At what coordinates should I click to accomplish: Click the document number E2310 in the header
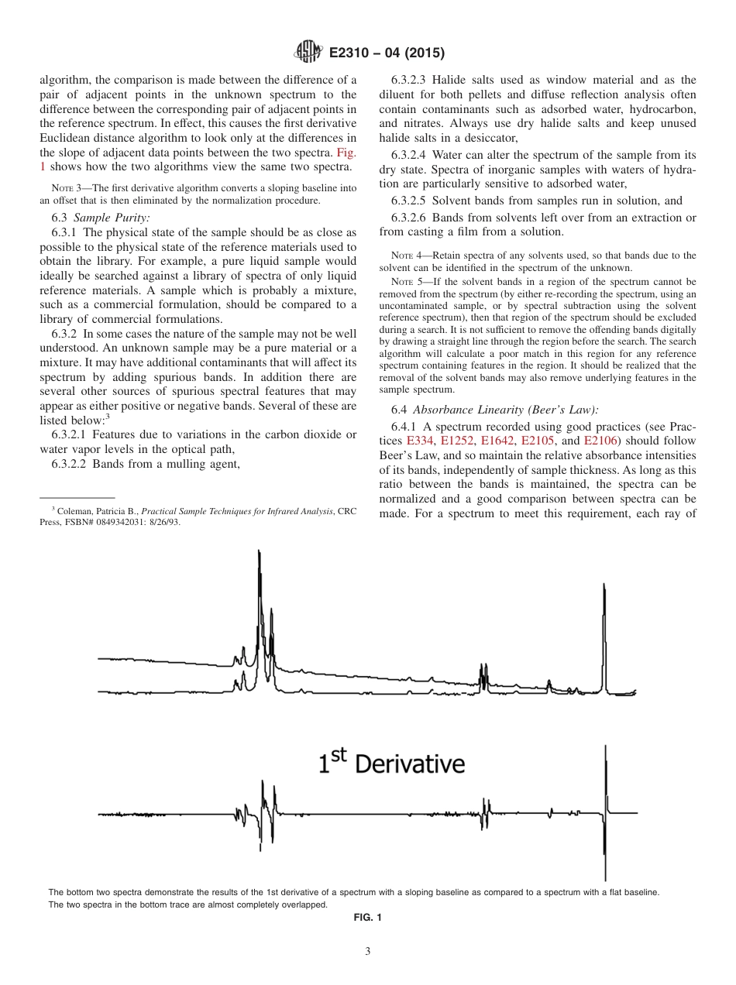353,53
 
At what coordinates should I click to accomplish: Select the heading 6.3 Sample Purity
101,218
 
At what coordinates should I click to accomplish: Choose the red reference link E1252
457,441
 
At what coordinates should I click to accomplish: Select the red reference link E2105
538,441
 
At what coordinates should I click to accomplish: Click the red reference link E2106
600,441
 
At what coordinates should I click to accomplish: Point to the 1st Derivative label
392,764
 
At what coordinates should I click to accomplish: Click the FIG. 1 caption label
368,918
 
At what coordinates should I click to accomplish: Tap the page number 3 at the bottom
368,952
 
